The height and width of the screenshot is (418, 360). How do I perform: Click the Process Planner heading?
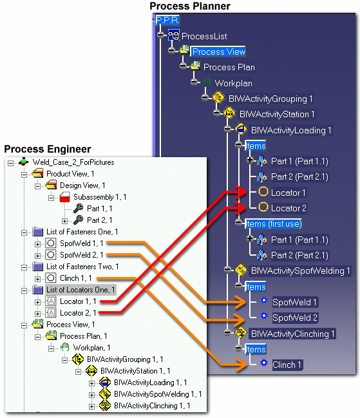[190, 6]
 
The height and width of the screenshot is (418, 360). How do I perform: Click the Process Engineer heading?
[48, 149]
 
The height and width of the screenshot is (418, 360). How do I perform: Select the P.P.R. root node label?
[167, 20]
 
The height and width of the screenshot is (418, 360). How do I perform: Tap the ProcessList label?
[204, 36]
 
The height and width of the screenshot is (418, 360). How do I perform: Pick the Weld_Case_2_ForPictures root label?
[73, 162]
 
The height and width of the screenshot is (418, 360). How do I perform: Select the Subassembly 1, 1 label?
[100, 197]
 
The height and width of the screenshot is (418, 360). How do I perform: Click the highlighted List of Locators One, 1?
[81, 290]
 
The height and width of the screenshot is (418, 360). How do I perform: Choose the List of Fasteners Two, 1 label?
[82, 267]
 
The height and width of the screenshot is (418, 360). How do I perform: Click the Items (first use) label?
[273, 223]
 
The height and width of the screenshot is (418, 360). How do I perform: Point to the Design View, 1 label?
[82, 185]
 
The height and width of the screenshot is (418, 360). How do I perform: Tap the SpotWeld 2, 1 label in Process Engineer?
[82, 255]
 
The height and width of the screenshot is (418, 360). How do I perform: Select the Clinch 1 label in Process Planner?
[287, 365]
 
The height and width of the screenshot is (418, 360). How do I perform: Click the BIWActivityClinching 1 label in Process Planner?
[292, 334]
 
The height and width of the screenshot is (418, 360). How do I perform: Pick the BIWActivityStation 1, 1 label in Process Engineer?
[135, 371]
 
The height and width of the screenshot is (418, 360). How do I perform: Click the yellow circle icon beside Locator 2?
[263, 207]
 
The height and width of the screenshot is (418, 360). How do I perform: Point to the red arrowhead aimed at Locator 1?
[241, 192]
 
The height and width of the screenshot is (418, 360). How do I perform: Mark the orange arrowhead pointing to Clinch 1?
[242, 365]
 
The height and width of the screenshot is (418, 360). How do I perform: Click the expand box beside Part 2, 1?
[64, 221]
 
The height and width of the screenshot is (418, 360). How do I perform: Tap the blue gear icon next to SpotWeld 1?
[263, 300]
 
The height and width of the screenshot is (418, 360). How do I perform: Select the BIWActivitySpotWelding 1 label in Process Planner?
[300, 271]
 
